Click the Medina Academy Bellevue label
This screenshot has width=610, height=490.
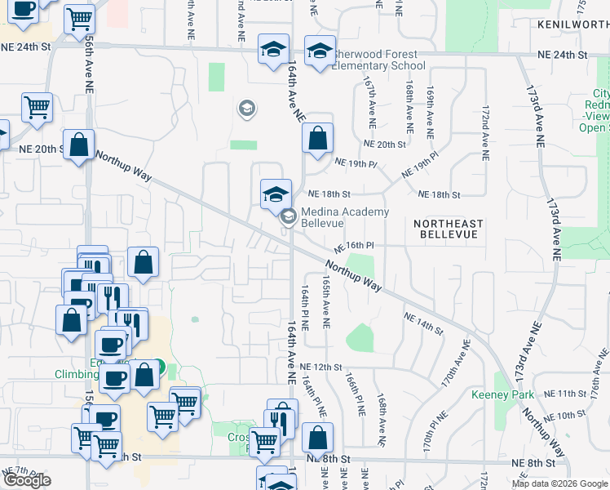pos(345,218)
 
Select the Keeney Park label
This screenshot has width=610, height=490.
pos(503,394)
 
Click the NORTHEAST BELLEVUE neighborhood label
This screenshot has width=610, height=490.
pos(448,229)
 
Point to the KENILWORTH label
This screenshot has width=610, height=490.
pos(573,25)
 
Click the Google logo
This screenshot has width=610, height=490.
pos(27,481)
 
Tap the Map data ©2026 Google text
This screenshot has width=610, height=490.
pos(559,483)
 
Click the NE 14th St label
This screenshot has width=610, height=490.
pos(423,324)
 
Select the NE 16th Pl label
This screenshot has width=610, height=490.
pos(353,245)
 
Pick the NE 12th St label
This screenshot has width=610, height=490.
pos(319,367)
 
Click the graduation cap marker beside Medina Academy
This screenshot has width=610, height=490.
pos(276,194)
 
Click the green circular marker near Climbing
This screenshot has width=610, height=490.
pos(159,368)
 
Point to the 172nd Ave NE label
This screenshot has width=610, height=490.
pos(484,126)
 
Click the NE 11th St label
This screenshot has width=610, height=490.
pos(555,394)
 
